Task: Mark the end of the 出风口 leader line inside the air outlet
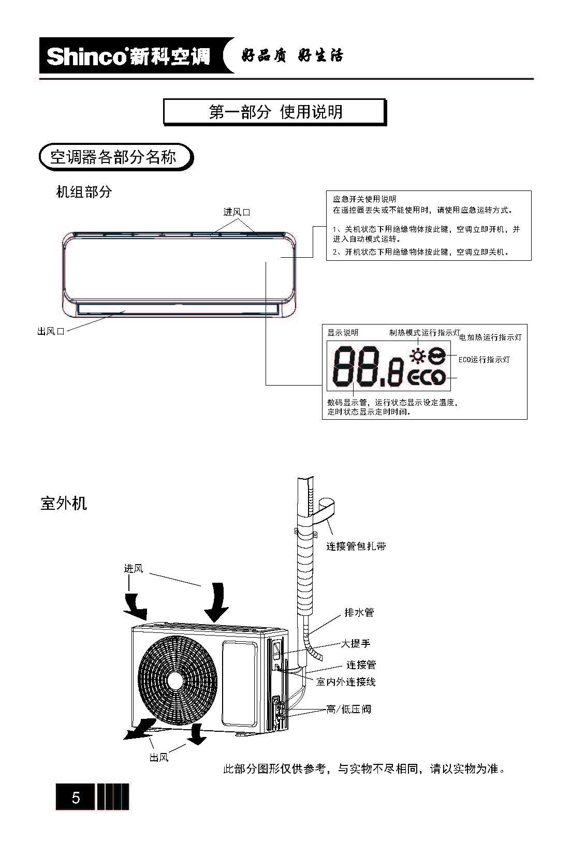tap(125, 311)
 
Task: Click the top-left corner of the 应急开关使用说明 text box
tap(326, 190)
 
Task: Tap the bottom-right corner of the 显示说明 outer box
tap(527, 419)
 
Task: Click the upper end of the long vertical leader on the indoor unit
tap(266, 262)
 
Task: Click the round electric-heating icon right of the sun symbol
tap(436, 356)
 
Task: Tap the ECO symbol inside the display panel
tap(427, 378)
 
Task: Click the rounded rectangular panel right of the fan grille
tap(240, 684)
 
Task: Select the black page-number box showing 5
tap(75, 796)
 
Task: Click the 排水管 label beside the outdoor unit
tap(359, 613)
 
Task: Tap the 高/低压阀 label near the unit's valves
tap(348, 710)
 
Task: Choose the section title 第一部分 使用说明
tap(275, 112)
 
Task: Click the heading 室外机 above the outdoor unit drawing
tap(64, 503)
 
